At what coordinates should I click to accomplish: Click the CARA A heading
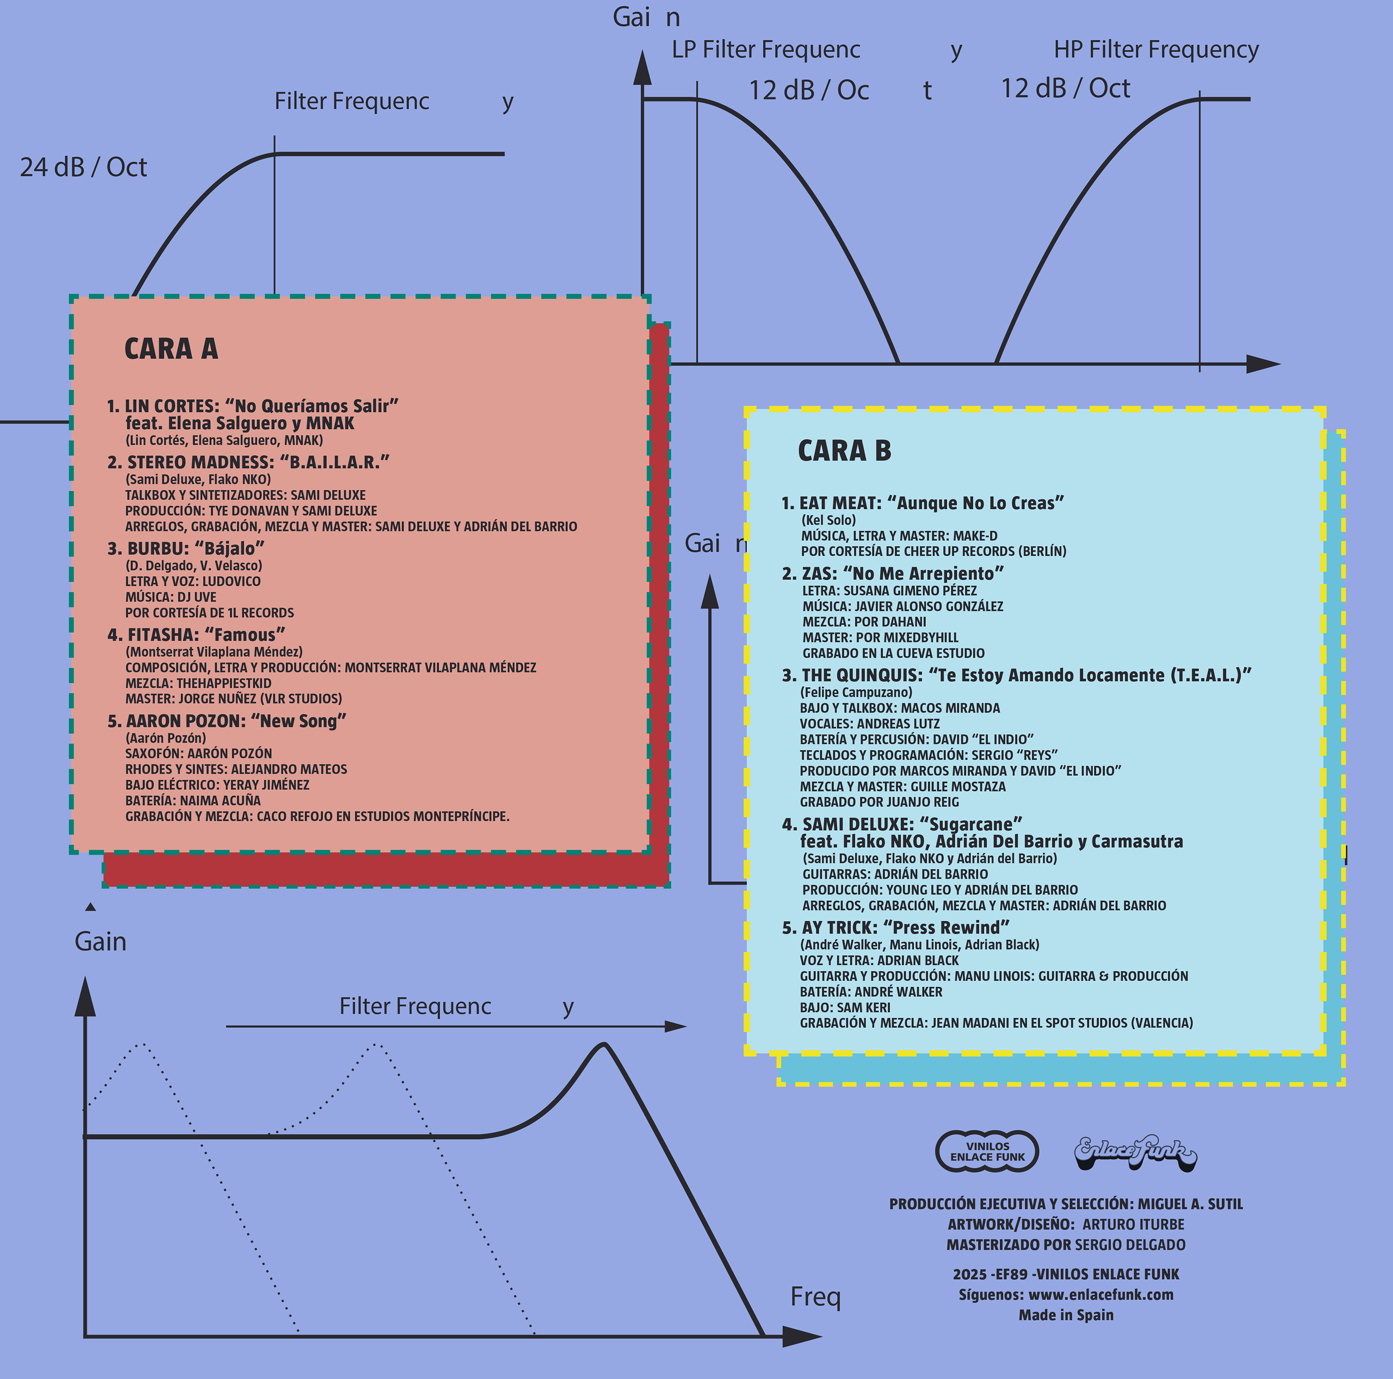pos(171,349)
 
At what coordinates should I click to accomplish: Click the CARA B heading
pos(844,451)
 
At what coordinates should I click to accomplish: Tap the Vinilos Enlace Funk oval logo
pos(987,1151)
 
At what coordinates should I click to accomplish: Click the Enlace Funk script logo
pos(1135,1151)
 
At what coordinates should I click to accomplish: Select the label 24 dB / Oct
pos(83,167)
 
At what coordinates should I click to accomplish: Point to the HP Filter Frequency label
pos(1156,50)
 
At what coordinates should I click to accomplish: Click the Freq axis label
pos(815,1296)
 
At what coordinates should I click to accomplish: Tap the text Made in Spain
pos(1066,1315)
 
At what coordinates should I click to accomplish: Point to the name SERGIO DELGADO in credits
pos(1131,1244)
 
